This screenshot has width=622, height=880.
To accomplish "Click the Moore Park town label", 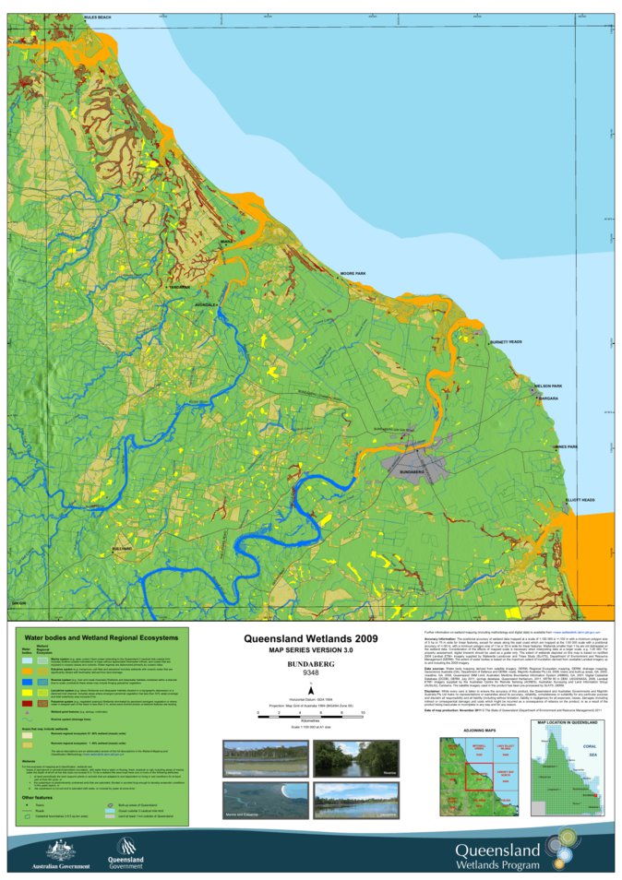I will [x=353, y=274].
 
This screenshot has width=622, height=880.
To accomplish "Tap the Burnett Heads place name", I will [x=532, y=341].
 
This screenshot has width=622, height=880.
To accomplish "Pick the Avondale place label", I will [x=206, y=304].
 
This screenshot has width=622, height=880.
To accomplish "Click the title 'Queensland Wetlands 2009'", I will [x=310, y=637].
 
